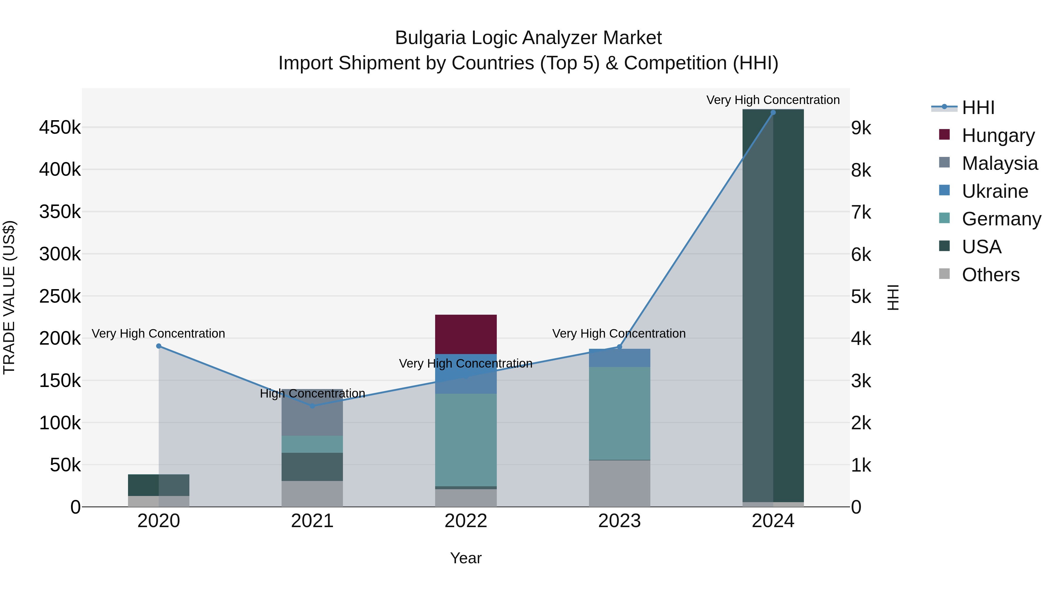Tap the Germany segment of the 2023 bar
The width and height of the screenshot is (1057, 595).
[619, 413]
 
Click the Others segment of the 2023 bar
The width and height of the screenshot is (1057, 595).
[619, 483]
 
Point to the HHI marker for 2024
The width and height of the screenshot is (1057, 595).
[773, 113]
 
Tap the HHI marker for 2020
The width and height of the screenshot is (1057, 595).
[159, 346]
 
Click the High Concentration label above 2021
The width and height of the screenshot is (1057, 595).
[312, 393]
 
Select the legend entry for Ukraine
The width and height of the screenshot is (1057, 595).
[995, 191]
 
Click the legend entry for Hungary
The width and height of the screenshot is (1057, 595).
[998, 135]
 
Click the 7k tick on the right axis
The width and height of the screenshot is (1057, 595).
[861, 213]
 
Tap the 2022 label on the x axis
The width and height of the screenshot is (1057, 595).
[466, 521]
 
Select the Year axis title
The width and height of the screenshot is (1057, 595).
[466, 558]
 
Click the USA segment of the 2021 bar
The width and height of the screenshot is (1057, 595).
[312, 467]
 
